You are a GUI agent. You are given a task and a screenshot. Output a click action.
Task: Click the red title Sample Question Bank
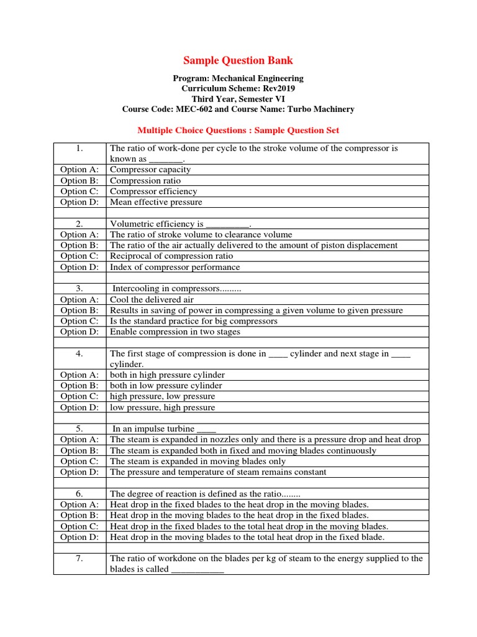click(x=238, y=60)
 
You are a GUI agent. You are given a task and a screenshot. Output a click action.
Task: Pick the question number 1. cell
click(x=79, y=149)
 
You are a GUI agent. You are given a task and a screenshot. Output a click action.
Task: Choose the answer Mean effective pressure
click(x=156, y=202)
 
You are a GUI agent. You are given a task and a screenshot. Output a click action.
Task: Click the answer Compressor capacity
click(x=150, y=170)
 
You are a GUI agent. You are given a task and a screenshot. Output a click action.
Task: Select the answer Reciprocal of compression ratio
click(x=171, y=256)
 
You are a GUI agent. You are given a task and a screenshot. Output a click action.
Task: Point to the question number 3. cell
click(x=79, y=289)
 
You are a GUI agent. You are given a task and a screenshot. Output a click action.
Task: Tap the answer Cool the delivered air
click(x=150, y=300)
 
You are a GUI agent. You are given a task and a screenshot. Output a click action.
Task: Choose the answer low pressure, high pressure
click(x=163, y=407)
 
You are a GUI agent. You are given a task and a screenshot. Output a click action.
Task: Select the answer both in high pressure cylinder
click(x=167, y=375)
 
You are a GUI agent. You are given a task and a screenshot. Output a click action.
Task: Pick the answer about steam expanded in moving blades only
click(x=198, y=462)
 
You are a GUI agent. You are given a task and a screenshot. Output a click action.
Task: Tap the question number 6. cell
click(x=79, y=493)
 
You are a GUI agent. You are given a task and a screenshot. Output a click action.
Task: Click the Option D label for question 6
click(x=79, y=537)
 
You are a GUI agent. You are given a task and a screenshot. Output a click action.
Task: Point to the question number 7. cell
click(x=79, y=559)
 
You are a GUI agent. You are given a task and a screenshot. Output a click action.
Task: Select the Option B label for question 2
click(x=79, y=245)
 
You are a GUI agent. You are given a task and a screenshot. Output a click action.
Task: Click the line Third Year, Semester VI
click(x=238, y=99)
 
